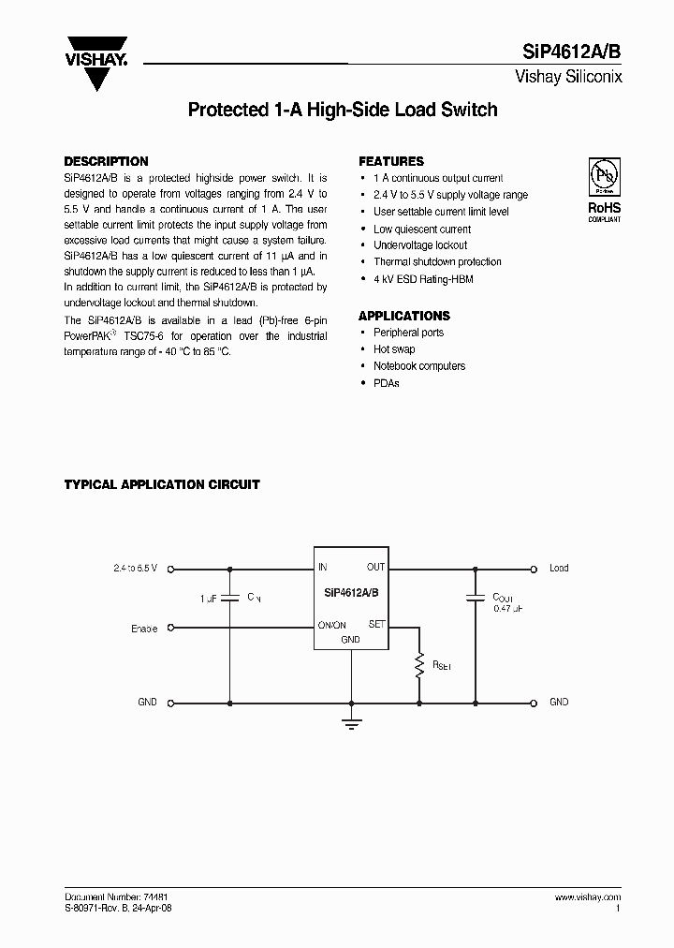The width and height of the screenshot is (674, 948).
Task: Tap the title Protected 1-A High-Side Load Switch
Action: point(343,110)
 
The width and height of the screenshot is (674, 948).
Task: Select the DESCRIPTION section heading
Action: point(106,161)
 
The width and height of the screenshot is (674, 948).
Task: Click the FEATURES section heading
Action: point(391,161)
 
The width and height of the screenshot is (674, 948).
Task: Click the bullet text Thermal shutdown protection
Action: point(437,262)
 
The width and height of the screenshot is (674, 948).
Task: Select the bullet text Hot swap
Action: point(394,349)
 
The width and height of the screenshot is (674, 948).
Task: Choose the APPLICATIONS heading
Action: point(404,316)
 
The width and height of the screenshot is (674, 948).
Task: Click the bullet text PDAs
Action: point(387,383)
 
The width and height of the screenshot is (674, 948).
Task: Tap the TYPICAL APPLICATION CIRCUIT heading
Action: point(162,484)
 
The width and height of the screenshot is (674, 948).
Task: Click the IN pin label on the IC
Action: point(323,567)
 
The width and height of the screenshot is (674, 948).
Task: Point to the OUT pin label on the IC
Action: point(375,567)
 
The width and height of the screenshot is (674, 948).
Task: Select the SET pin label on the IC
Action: point(377,624)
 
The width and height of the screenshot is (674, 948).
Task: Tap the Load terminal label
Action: point(559,568)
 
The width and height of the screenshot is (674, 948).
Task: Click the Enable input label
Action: point(144,629)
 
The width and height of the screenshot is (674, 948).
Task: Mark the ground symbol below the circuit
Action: point(351,721)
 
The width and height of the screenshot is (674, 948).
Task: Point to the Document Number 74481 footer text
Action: point(116,897)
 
